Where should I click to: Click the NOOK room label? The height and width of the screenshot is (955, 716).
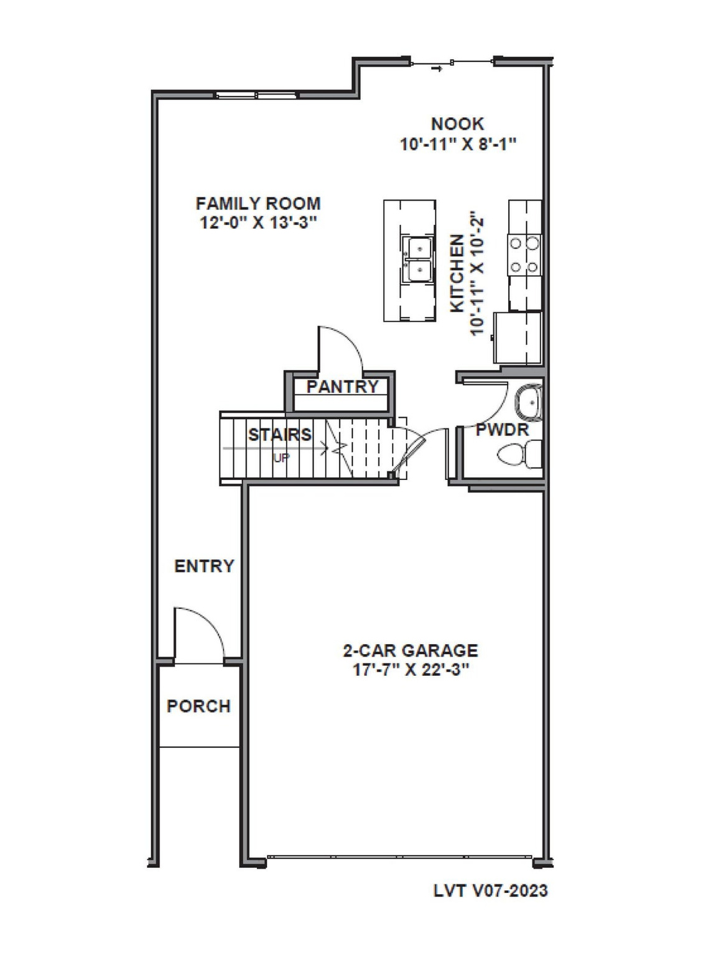click(x=457, y=124)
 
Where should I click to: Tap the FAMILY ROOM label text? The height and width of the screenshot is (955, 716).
click(x=258, y=203)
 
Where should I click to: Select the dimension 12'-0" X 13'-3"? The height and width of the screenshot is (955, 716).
click(x=258, y=223)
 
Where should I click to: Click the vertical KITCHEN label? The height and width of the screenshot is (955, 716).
click(x=457, y=274)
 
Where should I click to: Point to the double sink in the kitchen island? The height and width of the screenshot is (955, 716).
click(x=417, y=259)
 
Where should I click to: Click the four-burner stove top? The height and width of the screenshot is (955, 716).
click(x=524, y=256)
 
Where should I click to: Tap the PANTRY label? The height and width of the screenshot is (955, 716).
click(x=342, y=387)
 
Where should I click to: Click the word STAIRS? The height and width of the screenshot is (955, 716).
click(x=279, y=435)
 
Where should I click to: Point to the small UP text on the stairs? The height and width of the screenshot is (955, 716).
click(x=281, y=458)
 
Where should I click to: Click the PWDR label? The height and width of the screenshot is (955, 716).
click(x=502, y=430)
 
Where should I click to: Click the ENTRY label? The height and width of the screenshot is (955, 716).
click(x=204, y=566)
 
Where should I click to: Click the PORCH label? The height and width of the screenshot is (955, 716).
click(x=198, y=706)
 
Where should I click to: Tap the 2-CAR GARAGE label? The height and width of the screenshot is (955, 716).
click(x=411, y=650)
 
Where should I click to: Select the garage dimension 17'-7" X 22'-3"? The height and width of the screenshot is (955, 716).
click(x=411, y=670)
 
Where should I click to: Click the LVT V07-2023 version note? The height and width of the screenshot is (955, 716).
click(x=490, y=890)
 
